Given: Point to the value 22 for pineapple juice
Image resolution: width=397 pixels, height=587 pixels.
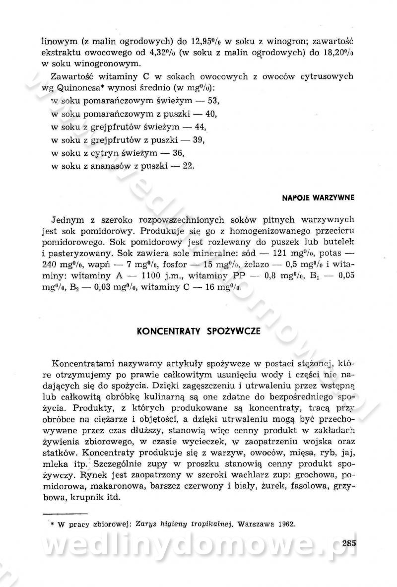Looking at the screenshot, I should pos(188,166).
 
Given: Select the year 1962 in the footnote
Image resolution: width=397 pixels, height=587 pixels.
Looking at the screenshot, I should pos(284,523).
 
